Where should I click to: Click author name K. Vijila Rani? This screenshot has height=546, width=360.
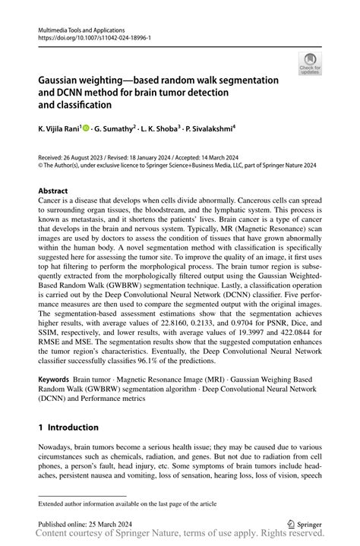click(65, 130)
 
